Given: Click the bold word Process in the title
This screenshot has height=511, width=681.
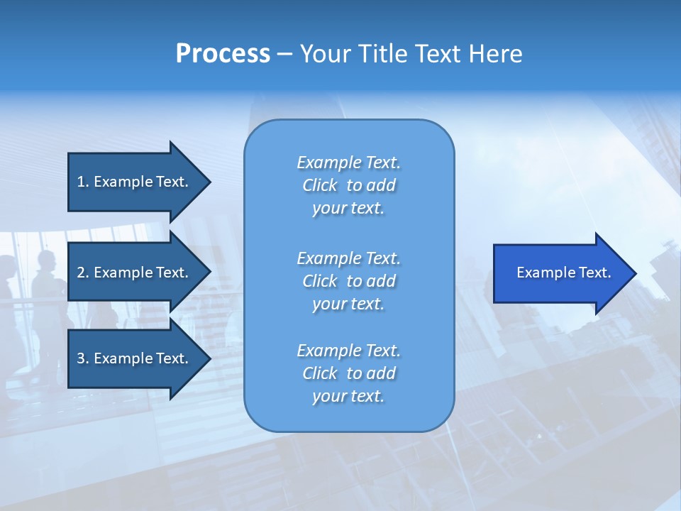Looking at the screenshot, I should [223, 54].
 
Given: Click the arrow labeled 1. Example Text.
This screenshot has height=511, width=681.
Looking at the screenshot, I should [135, 182].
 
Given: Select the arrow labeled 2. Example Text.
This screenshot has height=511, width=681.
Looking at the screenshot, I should [135, 273].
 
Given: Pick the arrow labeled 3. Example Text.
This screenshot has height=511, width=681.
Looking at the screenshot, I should [135, 358].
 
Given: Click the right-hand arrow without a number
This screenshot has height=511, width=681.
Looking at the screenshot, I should [560, 273].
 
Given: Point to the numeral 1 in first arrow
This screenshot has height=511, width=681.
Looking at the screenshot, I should [81, 182].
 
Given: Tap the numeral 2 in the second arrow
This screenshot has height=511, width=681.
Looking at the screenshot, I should [81, 273].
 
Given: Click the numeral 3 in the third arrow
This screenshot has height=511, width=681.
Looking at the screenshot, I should [81, 358].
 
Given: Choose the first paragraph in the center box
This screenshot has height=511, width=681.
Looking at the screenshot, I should [348, 185].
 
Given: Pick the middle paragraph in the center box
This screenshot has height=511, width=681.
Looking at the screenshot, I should [348, 281].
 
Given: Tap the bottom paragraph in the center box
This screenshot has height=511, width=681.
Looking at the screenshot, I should [348, 373].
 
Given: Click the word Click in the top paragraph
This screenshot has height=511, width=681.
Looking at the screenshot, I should [319, 185].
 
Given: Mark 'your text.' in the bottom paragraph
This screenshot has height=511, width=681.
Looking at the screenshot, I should [348, 396].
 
